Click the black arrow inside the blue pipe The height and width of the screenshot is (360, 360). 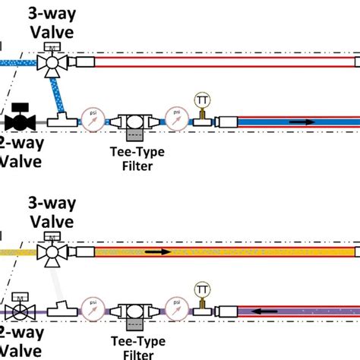click(301, 122)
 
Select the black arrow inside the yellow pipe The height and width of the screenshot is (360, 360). click(157, 251)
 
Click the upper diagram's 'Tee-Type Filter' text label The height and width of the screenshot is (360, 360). click(137, 157)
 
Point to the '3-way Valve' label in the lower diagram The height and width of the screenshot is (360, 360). click(50, 213)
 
